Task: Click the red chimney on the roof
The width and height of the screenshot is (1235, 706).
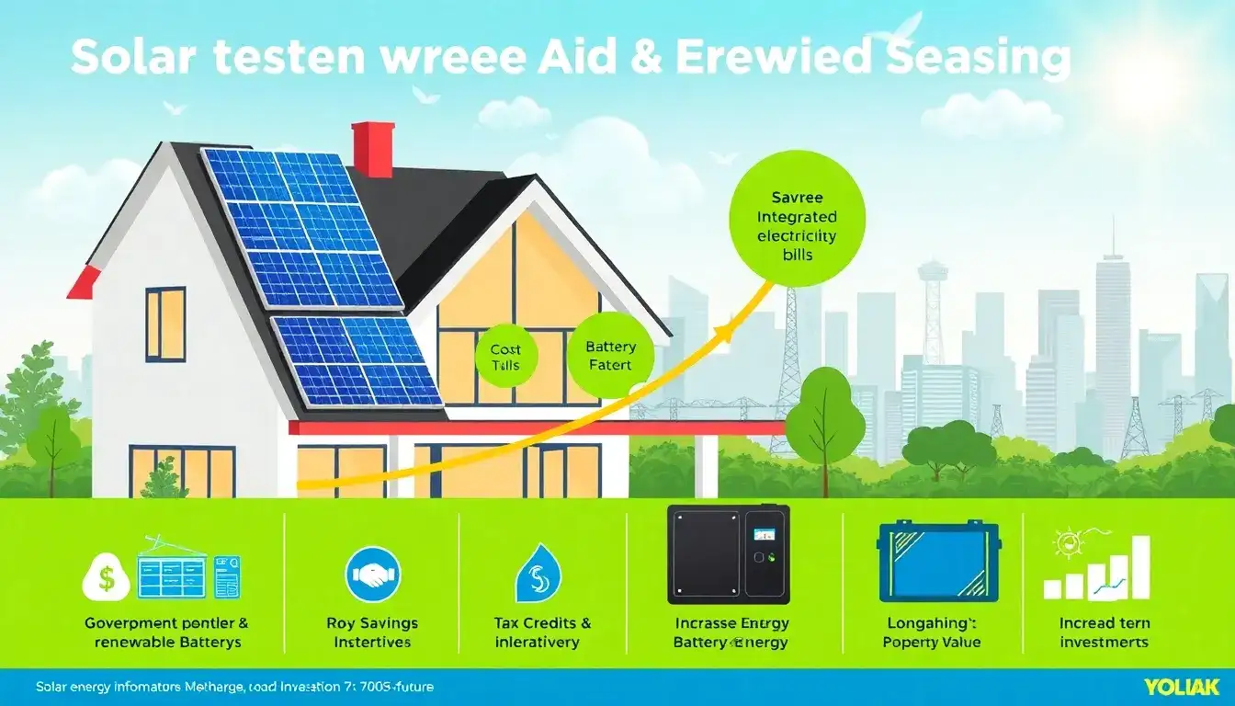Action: pos(373,148)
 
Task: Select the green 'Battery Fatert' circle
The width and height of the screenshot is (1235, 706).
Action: pos(610,357)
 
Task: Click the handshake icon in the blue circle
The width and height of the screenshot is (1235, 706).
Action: pos(372,575)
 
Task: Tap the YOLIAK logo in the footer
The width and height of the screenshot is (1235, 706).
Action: pos(1181,687)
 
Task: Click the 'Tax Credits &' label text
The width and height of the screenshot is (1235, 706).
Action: pos(542,623)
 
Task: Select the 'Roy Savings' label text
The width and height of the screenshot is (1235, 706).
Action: pos(372,623)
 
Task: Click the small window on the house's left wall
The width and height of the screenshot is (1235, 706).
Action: pos(165,324)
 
